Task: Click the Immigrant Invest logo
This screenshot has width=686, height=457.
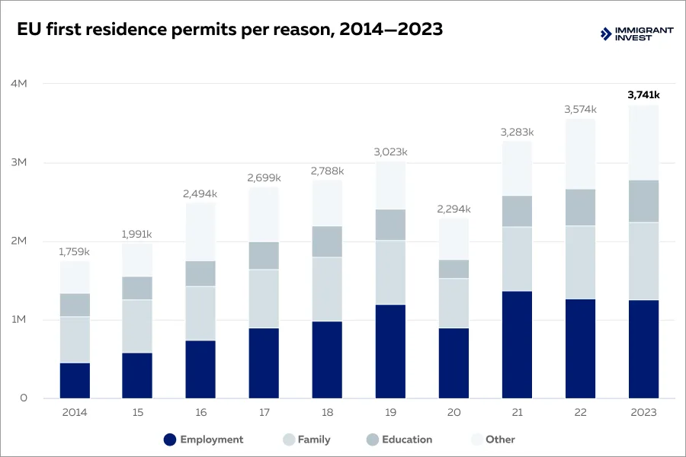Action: pos(636,34)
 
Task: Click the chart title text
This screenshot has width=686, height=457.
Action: pos(229,30)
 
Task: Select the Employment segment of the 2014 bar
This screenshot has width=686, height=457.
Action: pos(75,380)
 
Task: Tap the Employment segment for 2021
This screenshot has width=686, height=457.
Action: pos(517,344)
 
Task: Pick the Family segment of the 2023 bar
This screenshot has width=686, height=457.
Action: pos(643,260)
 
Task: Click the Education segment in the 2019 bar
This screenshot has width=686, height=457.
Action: pos(390,225)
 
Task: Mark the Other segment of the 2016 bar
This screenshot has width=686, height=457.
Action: pos(200,232)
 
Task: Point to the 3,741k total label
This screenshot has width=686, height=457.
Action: pos(643,95)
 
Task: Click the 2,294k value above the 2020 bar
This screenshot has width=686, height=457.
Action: pos(454,209)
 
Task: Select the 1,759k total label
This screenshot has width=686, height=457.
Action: pos(75,251)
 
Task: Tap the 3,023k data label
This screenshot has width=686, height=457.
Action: pos(390,152)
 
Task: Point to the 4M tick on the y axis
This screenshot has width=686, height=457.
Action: pos(19,84)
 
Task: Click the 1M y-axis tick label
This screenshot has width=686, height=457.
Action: pos(19,320)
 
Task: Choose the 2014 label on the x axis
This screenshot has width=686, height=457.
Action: pos(75,412)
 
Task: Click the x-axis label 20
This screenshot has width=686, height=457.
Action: pos(454,412)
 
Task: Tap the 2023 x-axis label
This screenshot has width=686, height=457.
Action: pos(643,412)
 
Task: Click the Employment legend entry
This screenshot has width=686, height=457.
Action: pos(204,439)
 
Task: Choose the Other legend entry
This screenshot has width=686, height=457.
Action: pos(492,439)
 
